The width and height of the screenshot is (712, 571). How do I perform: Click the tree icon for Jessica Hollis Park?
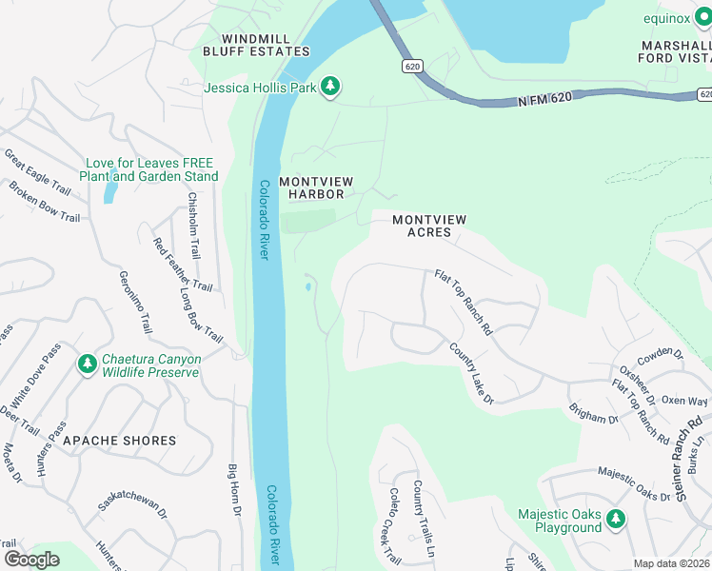329,88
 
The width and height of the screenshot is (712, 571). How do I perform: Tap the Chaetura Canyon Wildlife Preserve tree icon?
88,364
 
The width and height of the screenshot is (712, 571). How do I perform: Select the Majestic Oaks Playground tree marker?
617,519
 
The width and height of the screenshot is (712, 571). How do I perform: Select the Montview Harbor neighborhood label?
311,187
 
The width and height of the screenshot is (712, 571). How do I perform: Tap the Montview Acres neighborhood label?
429,226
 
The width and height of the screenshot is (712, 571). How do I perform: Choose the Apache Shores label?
119,441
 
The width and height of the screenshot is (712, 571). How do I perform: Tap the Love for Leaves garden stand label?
149,169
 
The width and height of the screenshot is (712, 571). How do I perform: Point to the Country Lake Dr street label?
471,374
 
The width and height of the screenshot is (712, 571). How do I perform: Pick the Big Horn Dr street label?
233,490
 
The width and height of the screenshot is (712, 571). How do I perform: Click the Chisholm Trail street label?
194,226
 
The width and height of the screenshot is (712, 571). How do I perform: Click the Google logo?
31,560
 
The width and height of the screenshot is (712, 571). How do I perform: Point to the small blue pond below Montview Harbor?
307,285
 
